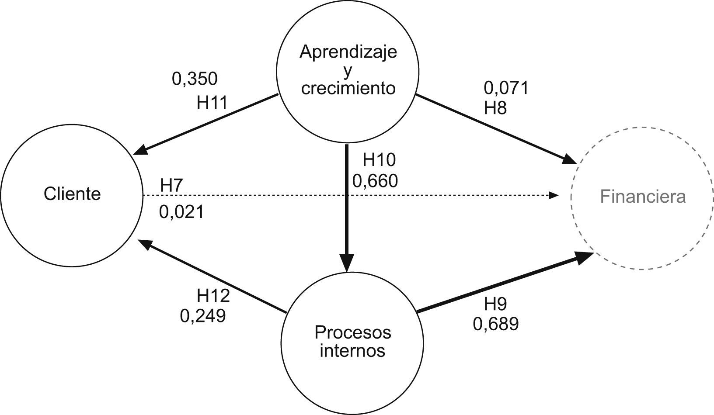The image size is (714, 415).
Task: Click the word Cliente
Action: point(72,194)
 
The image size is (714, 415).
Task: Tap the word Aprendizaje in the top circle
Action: point(348,52)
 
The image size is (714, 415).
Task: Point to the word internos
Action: point(352,351)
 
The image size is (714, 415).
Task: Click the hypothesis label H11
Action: point(212,103)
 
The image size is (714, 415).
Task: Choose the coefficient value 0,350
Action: point(195,79)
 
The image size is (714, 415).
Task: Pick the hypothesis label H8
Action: point(495,107)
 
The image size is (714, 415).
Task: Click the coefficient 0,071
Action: point(506,88)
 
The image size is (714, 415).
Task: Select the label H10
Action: point(379,160)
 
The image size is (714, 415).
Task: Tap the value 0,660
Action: point(375,180)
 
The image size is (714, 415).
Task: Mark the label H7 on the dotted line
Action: point(171,185)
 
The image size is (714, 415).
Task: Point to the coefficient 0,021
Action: point(181,212)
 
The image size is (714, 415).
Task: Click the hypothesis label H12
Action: point(213,296)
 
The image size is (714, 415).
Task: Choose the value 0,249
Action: point(203,315)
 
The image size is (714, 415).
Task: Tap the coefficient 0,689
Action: point(496,324)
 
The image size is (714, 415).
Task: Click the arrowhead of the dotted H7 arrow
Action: point(554,195)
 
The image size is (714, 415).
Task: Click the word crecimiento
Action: point(348,88)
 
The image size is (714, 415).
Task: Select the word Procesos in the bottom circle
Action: point(353,332)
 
